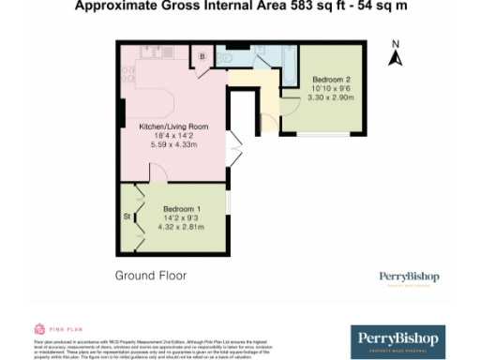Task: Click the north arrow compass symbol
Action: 396,59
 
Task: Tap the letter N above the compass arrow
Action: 396,44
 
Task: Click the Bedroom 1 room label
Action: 182,208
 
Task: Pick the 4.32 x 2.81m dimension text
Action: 182,226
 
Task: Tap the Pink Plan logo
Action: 52,329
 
